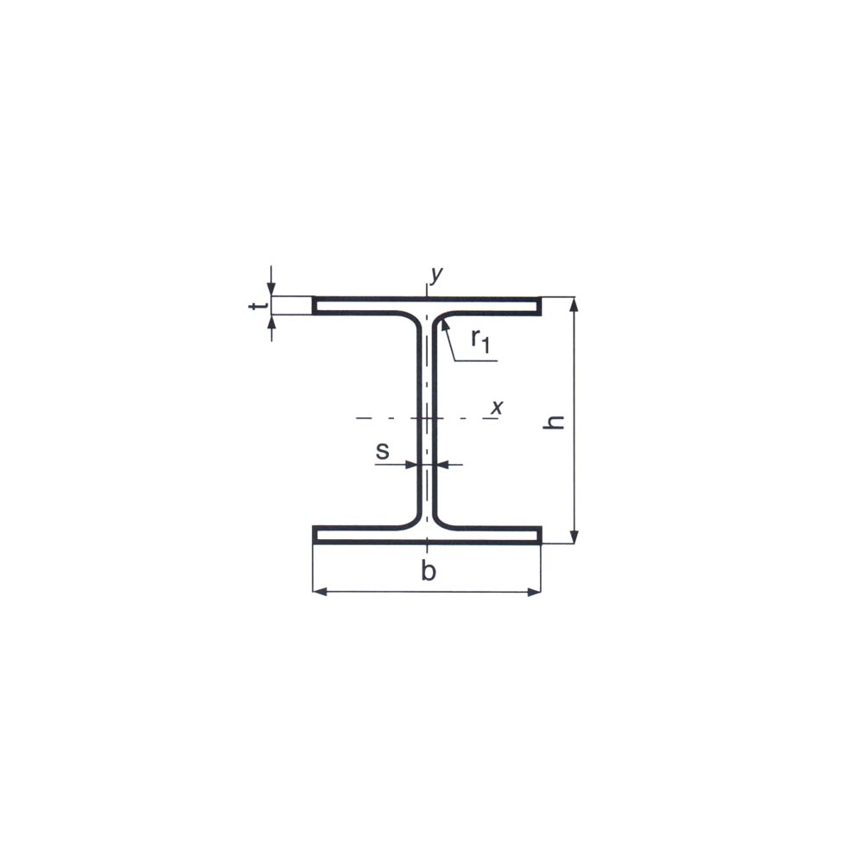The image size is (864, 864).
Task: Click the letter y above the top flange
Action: point(436,274)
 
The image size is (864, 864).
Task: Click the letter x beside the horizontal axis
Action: point(497,407)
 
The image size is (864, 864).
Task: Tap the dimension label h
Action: point(554,422)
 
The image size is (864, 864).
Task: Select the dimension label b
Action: point(429,570)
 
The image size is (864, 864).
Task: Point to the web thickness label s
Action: point(383,451)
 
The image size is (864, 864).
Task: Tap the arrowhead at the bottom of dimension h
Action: point(575,537)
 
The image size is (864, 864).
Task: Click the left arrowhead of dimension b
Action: point(321,592)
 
